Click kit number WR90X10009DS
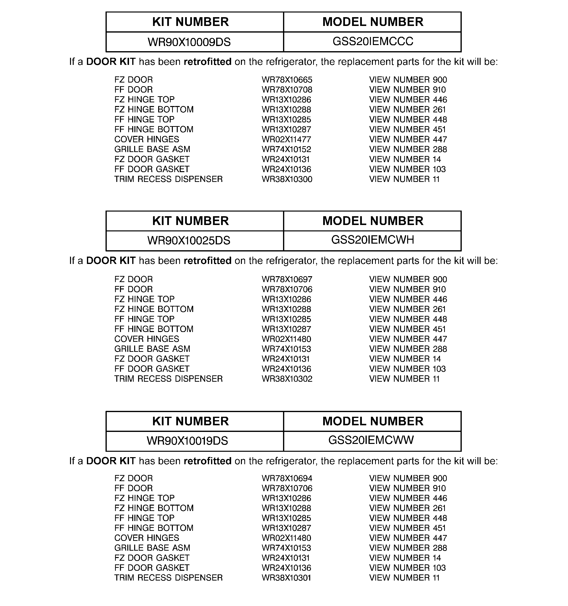(189, 42)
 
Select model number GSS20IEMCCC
(373, 41)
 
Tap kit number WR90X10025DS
(189, 240)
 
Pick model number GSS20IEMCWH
(373, 240)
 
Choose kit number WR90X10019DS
(187, 441)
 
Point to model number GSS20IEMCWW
(371, 440)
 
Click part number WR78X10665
(287, 80)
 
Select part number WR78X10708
(287, 90)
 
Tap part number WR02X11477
(286, 140)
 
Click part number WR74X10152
(286, 149)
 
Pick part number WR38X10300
(287, 179)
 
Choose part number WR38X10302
(287, 379)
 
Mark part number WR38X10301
(286, 578)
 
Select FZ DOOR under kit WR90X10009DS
(133, 80)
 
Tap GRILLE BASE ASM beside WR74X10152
(152, 149)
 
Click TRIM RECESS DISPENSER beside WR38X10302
(168, 379)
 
